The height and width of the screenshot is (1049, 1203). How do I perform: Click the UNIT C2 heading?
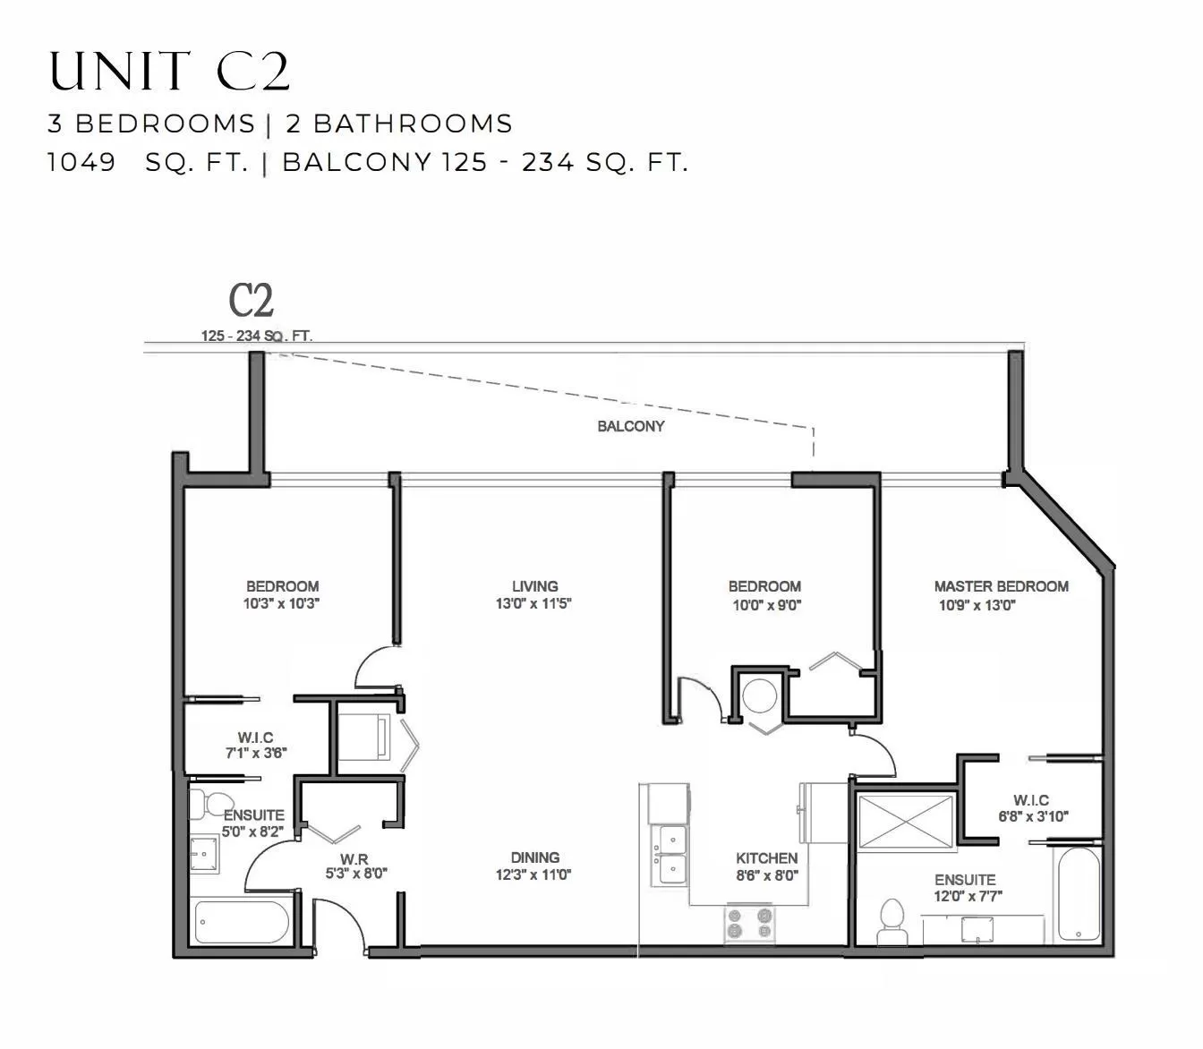point(169,71)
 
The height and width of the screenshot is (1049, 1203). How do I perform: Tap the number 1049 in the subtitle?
point(81,162)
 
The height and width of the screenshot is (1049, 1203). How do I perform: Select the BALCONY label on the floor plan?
point(630,426)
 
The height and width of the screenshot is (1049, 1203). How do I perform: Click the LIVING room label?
point(534,586)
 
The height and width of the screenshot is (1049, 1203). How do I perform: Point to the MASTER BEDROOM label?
point(1002,586)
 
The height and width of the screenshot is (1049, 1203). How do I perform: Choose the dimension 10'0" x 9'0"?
point(767,605)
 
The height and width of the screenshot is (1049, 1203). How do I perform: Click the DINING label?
point(534,857)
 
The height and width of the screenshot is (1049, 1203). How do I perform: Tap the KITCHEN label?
point(767,858)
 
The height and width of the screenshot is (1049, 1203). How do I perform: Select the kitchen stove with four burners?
point(749,923)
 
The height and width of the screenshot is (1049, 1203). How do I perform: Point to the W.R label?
point(354,859)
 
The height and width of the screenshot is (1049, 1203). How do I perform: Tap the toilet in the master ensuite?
point(892,921)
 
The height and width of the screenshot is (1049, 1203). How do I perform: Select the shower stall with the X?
point(906,822)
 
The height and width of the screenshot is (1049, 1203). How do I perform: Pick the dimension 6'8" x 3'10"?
point(1033,816)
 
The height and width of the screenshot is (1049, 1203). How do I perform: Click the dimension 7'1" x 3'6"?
point(256,754)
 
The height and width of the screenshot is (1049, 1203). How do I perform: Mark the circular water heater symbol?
point(759,695)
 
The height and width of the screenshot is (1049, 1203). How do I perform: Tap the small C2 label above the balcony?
point(251,301)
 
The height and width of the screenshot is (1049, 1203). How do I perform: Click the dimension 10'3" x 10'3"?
point(281,604)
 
